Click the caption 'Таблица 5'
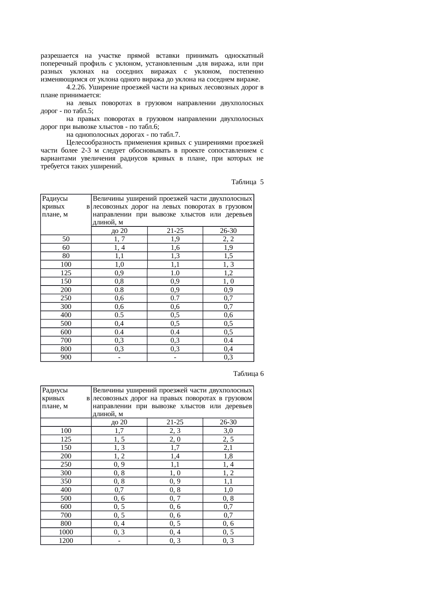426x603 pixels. click(x=247, y=182)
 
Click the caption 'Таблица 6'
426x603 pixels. click(x=248, y=373)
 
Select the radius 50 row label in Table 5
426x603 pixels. click(x=66, y=239)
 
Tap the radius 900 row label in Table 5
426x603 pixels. click(x=66, y=357)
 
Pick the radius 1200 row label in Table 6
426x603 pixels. click(x=66, y=541)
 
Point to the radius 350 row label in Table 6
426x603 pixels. click(x=66, y=481)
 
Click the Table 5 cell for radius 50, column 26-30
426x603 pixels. click(x=228, y=239)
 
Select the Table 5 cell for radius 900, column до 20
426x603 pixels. click(x=119, y=357)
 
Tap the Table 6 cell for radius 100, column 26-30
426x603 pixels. click(x=228, y=431)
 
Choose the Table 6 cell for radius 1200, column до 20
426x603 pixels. click(x=119, y=541)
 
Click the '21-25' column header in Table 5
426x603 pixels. click(x=175, y=231)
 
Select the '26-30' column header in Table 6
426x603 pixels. click(x=228, y=422)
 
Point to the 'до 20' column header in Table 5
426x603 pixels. click(x=119, y=231)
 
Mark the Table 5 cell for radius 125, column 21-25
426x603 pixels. click(x=175, y=273)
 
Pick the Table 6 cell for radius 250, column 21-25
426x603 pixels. click(x=175, y=465)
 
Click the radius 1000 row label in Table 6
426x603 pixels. click(x=66, y=532)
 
